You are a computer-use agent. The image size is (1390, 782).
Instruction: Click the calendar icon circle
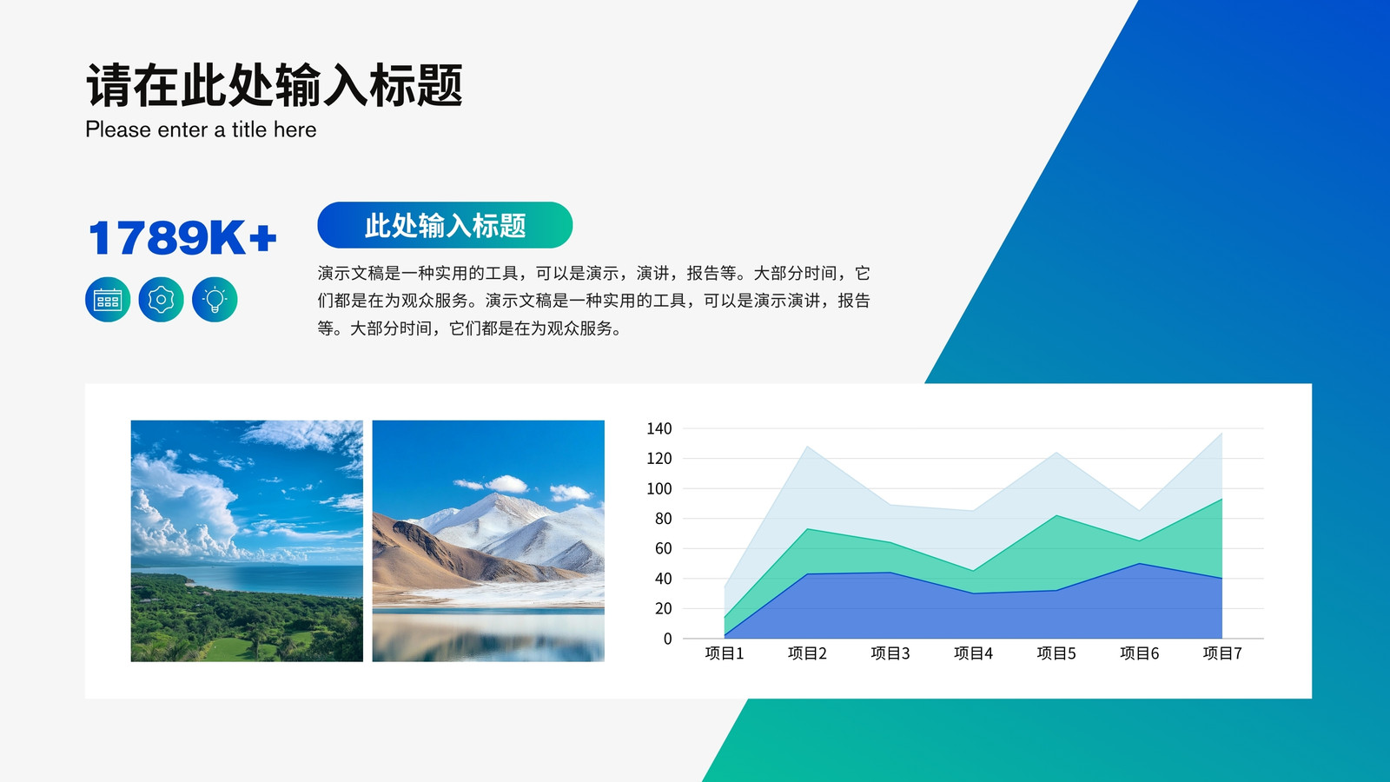pyautogui.click(x=108, y=300)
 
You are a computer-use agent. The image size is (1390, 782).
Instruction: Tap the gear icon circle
pyautogui.click(x=162, y=300)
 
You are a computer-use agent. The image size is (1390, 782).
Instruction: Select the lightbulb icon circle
pyautogui.click(x=215, y=300)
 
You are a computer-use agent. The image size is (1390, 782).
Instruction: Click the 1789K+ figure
pyautogui.click(x=182, y=238)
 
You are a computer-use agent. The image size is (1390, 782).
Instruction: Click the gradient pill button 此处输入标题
pyautogui.click(x=445, y=225)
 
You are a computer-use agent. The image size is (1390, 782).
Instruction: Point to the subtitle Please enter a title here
pyautogui.click(x=201, y=129)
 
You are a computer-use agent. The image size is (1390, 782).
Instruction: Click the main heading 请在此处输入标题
pyautogui.click(x=274, y=85)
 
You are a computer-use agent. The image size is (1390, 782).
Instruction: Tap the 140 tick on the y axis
pyautogui.click(x=659, y=429)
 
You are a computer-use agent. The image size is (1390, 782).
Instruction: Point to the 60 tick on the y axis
pyautogui.click(x=664, y=548)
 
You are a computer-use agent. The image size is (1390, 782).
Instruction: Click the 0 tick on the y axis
pyautogui.click(x=668, y=639)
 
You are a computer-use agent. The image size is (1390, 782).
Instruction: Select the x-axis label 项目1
pyautogui.click(x=725, y=653)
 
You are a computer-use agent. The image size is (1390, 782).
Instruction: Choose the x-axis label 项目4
pyautogui.click(x=973, y=653)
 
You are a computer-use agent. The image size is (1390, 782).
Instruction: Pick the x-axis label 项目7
pyautogui.click(x=1222, y=653)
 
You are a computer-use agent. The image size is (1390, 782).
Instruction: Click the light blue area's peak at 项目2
pyautogui.click(x=807, y=447)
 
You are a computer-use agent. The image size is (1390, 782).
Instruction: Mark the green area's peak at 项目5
pyautogui.click(x=1056, y=515)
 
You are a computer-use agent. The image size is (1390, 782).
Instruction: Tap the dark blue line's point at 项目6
pyautogui.click(x=1139, y=564)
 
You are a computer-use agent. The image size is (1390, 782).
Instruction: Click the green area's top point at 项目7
pyautogui.click(x=1221, y=499)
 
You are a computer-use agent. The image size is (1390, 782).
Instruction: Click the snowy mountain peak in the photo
pyautogui.click(x=496, y=496)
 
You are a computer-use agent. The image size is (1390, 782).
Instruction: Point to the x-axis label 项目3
pyautogui.click(x=890, y=653)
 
